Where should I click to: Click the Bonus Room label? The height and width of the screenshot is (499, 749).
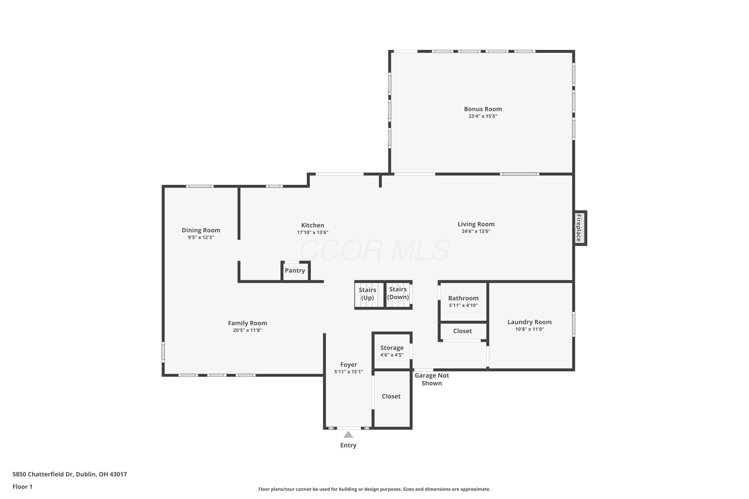coord(483,109)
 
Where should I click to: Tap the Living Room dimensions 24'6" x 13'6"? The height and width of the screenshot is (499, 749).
coord(476,231)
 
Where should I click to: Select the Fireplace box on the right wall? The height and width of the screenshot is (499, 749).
coord(580,228)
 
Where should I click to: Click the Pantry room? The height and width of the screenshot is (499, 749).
coord(295,271)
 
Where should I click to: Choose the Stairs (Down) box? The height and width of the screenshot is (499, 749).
coord(399,295)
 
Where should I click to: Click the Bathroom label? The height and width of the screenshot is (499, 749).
coord(463,298)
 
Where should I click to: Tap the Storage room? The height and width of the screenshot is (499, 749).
coord(392,351)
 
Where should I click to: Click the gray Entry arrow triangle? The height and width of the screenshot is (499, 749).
coord(348,434)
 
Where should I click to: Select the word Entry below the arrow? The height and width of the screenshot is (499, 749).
coord(348,445)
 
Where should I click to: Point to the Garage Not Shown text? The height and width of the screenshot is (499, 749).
coord(432,379)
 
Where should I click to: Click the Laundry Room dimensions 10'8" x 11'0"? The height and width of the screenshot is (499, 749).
coord(530,329)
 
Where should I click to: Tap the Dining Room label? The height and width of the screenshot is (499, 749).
coord(201,230)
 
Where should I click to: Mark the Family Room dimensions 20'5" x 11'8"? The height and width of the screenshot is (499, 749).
coord(247,330)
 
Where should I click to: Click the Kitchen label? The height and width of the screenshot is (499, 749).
coord(313,225)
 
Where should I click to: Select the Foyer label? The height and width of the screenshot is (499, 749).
coord(349,365)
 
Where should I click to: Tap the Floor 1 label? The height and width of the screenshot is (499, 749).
coord(23,487)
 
